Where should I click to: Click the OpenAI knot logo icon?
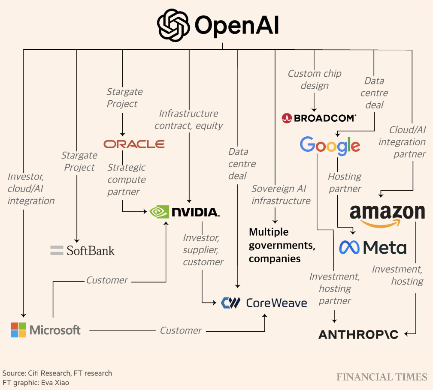[x=173, y=25]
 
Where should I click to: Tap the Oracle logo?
[x=134, y=144]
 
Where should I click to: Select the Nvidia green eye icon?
[x=159, y=212]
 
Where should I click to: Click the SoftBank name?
[x=91, y=250]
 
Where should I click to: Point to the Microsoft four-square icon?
[x=18, y=330]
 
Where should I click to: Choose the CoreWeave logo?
[x=264, y=303]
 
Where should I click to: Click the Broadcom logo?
[x=318, y=118]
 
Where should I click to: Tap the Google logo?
[x=330, y=146]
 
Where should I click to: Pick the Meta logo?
[x=372, y=247]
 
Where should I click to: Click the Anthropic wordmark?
[x=358, y=334]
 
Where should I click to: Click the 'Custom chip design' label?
[x=315, y=79]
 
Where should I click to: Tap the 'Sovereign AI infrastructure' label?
[x=281, y=195]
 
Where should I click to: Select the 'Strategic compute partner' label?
[x=127, y=179]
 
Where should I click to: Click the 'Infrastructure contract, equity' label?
[x=188, y=119]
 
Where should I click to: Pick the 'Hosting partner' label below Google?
[x=345, y=182]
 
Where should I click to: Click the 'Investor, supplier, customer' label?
[x=203, y=249]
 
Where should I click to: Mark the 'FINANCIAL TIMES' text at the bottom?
[x=382, y=377]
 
